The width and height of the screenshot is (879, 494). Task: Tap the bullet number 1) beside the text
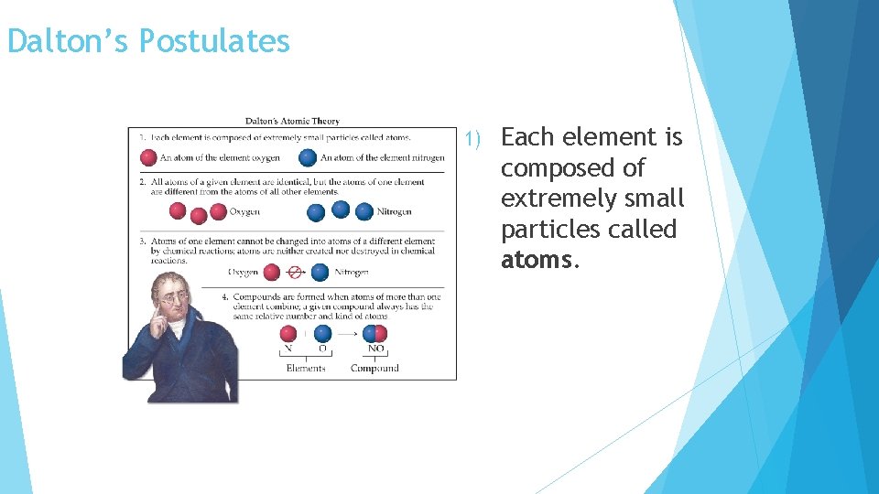click(x=472, y=139)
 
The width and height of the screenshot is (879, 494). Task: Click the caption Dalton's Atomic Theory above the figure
click(x=292, y=121)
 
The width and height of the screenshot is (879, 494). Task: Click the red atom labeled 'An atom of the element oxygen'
click(x=148, y=157)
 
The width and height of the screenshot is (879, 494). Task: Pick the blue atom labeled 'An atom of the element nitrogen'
click(x=309, y=157)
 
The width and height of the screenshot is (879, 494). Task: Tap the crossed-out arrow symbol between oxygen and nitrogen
click(x=295, y=272)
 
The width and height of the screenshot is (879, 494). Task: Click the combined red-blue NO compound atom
click(x=375, y=334)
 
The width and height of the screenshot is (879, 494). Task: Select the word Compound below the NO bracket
click(x=374, y=369)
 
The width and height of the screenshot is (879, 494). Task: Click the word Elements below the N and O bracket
click(x=306, y=369)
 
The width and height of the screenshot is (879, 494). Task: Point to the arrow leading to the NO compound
click(x=349, y=334)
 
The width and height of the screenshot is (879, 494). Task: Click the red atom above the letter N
click(x=288, y=334)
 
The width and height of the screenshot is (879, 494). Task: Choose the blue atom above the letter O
click(x=322, y=334)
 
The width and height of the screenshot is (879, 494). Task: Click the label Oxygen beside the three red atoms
click(x=244, y=212)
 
